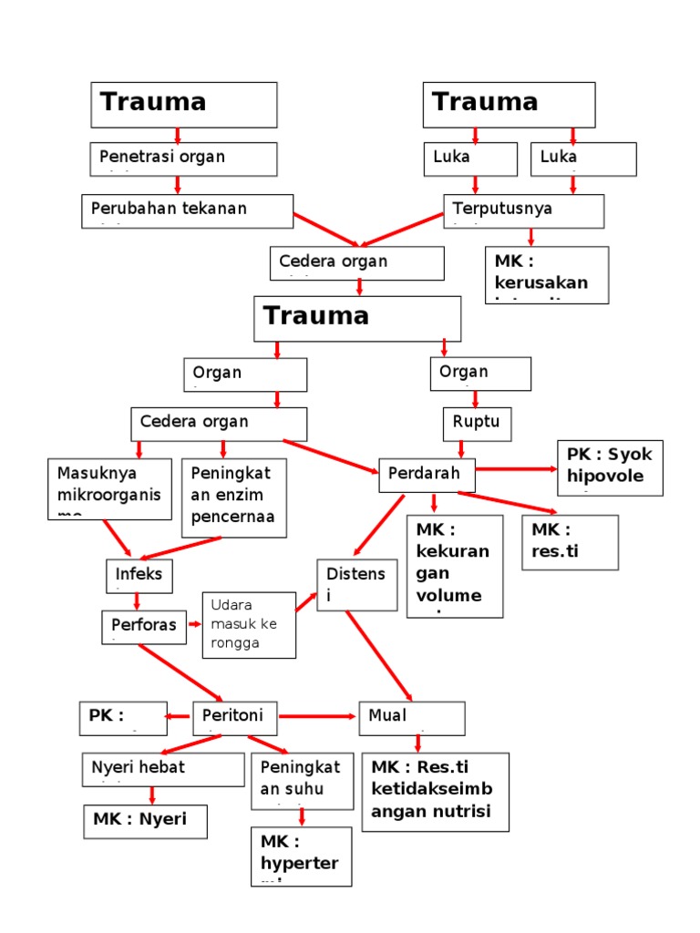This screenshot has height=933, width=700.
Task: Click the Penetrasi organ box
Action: pos(183,159)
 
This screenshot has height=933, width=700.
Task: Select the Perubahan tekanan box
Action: pos(187,210)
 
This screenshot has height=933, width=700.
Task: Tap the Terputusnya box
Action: pos(523,210)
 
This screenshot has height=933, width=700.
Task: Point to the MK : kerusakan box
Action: pos(547,274)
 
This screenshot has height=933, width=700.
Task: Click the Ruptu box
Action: pos(477,424)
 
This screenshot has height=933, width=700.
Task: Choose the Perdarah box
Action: pos(426,475)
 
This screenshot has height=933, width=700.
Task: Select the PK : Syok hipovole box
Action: pos(610,468)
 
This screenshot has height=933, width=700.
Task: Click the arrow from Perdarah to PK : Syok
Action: pos(515,469)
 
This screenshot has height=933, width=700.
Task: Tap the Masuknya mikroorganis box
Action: pos(109,488)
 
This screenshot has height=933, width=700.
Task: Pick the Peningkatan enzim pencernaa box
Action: pos(233,497)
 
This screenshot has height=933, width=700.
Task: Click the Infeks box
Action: pos(138,575)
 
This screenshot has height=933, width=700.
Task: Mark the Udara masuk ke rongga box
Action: pos(249,624)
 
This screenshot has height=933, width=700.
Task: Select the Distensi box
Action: pos(356,585)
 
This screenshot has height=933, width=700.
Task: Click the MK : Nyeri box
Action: pos(145,821)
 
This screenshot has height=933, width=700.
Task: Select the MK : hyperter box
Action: pos(301,856)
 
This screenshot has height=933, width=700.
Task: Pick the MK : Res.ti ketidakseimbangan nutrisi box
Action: pos(436,792)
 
